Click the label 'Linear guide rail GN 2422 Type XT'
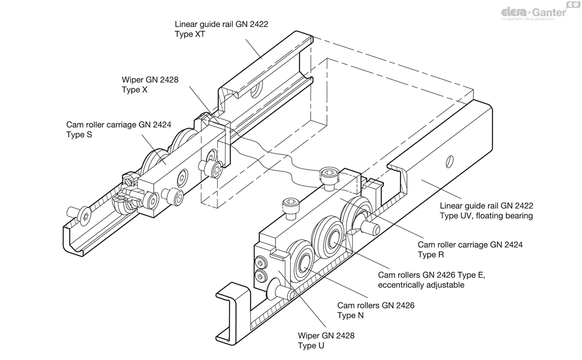click(221, 29)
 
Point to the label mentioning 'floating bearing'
click(485, 210)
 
